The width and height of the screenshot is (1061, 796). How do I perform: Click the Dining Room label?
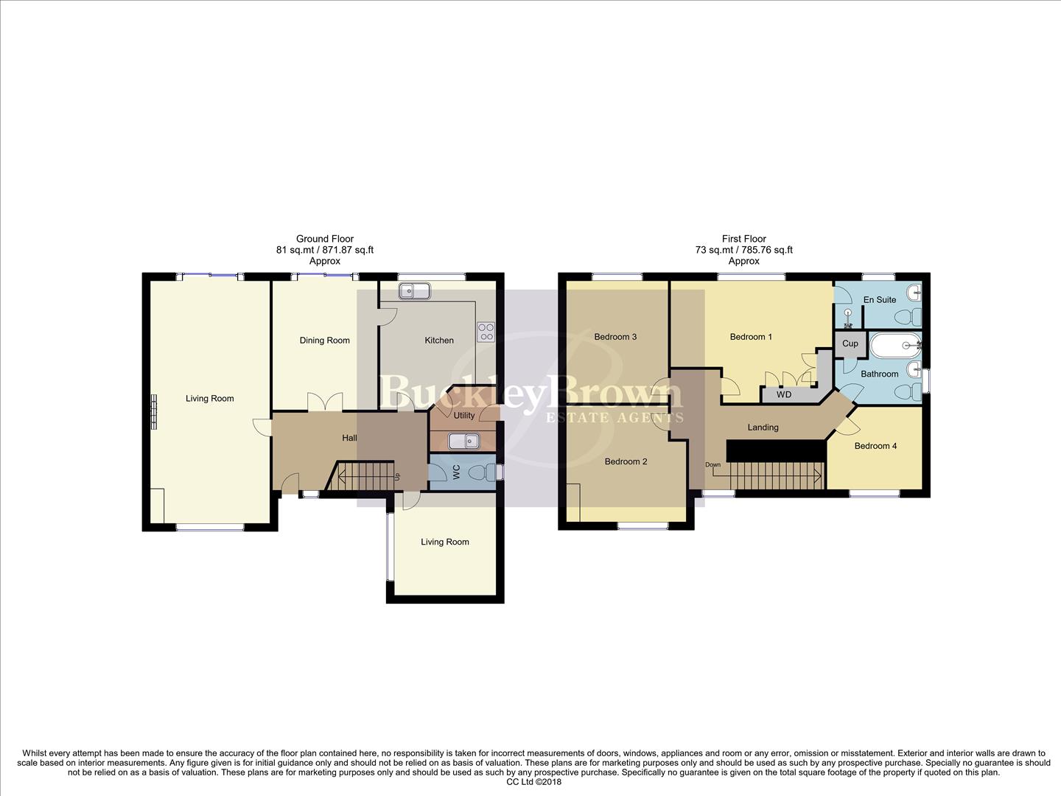tap(324, 341)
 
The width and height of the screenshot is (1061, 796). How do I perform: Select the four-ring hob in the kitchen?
tap(486, 332)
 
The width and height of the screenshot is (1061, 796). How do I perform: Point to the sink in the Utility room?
tap(464, 441)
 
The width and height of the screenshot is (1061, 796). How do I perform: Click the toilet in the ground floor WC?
tap(486, 472)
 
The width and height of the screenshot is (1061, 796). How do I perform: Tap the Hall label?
tap(349, 438)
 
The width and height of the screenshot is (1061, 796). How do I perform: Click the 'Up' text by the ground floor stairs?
tap(397, 476)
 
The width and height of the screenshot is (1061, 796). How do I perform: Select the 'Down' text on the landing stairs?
tap(712, 465)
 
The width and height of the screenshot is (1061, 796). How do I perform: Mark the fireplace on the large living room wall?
tap(155, 411)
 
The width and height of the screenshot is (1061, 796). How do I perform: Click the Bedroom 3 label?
tap(615, 337)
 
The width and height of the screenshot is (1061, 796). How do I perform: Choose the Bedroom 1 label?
tap(751, 337)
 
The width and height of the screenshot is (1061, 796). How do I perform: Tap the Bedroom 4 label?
tap(875, 446)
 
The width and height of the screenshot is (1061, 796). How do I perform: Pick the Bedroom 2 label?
tap(626, 461)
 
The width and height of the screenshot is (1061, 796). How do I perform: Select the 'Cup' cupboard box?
tap(850, 343)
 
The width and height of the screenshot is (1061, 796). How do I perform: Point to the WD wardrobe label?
tap(784, 395)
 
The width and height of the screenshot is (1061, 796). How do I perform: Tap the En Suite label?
tap(880, 300)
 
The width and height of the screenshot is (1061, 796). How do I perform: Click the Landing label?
tap(763, 427)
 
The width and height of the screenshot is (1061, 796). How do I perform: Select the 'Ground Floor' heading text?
tap(324, 239)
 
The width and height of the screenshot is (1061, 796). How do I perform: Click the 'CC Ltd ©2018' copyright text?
tap(534, 782)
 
